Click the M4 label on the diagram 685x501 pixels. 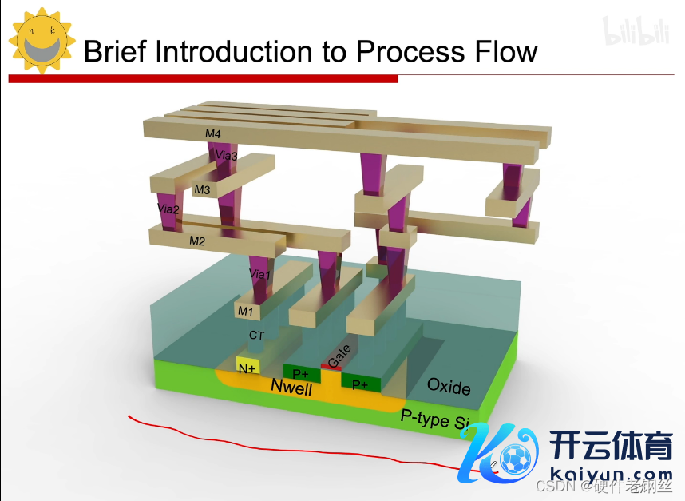[x=212, y=133]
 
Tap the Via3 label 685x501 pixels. [x=227, y=156]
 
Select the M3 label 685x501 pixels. [x=202, y=190]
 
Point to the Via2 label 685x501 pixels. [x=168, y=209]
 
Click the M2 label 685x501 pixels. [x=197, y=240]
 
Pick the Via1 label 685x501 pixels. [x=259, y=274]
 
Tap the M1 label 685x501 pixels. [x=245, y=310]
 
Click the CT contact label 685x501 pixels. [x=256, y=336]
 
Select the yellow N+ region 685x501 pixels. [x=247, y=368]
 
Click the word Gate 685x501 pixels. [x=339, y=356]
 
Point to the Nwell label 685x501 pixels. [x=291, y=388]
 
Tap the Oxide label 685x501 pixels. [x=449, y=387]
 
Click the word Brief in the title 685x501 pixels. [x=115, y=52]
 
